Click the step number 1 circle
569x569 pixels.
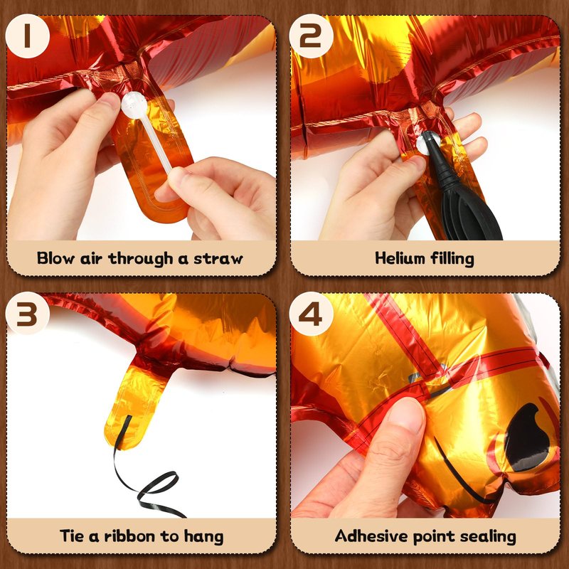pyautogui.click(x=27, y=36)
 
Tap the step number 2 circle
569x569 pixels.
pyautogui.click(x=311, y=36)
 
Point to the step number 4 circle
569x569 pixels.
pyautogui.click(x=311, y=314)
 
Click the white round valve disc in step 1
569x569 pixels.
pyautogui.click(x=134, y=105)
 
